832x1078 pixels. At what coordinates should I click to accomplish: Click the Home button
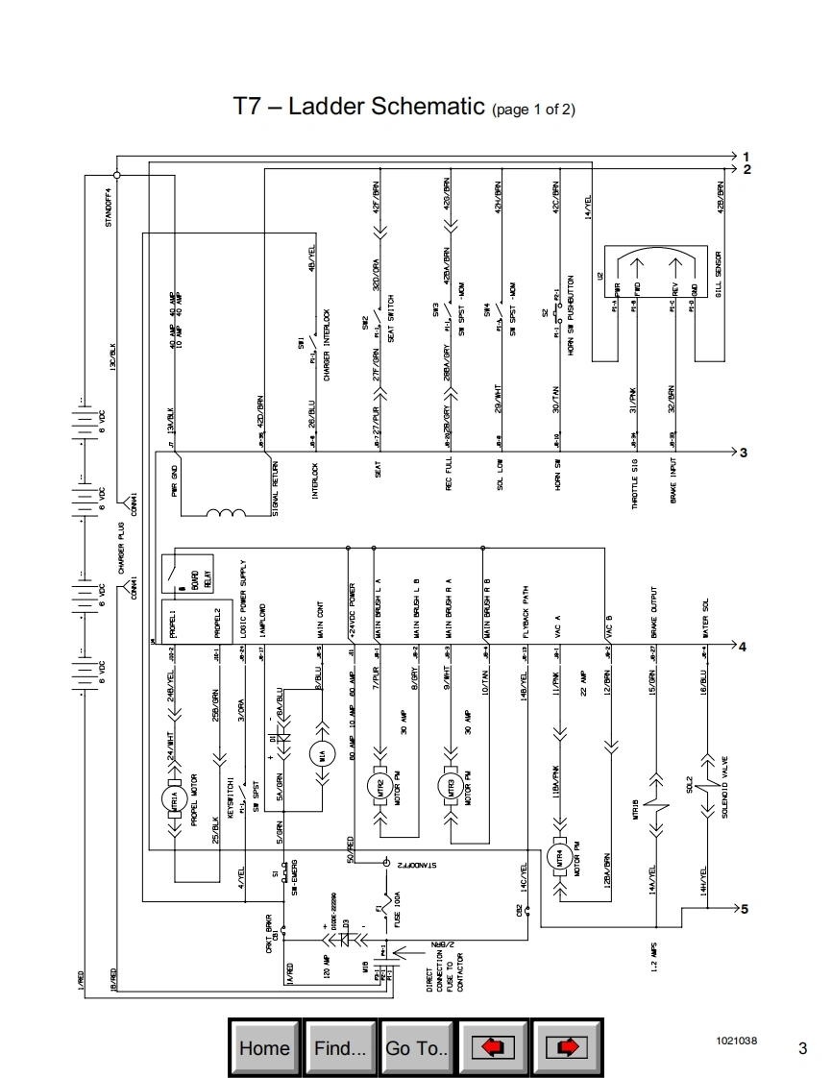coord(264,1047)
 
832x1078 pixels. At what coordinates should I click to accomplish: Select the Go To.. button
coord(417,1047)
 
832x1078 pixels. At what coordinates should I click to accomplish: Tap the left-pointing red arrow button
coord(493,1047)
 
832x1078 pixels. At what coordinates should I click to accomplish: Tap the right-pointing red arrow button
coord(567,1047)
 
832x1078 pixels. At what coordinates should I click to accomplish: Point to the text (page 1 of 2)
coord(534,110)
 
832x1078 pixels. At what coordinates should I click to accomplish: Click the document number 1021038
coord(736,1041)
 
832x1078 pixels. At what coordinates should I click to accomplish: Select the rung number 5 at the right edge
coord(744,908)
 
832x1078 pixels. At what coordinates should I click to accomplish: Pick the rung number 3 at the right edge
coord(744,452)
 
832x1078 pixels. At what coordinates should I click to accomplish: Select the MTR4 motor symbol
coord(558,858)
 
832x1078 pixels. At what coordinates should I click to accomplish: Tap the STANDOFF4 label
coord(109,207)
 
